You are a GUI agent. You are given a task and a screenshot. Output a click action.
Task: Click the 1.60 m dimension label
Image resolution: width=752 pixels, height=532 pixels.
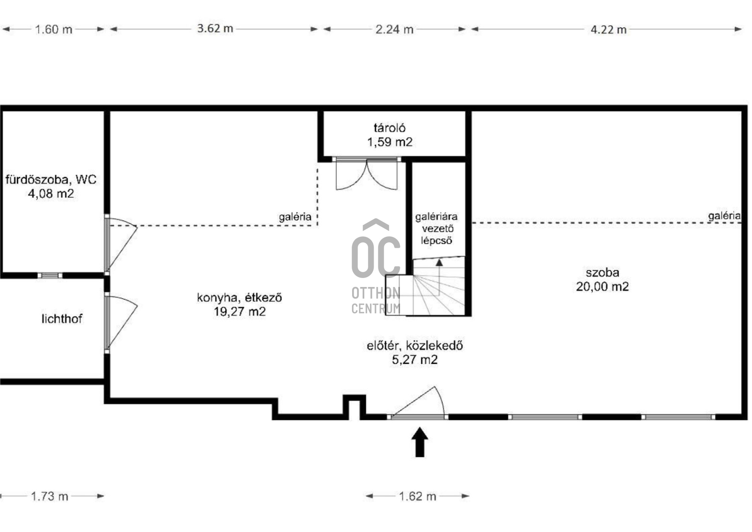coord(54,29)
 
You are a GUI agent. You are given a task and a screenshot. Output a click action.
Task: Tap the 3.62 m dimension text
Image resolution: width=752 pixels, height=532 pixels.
coord(215,29)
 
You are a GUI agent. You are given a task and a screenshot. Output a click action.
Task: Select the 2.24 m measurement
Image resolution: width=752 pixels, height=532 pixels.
coord(394,29)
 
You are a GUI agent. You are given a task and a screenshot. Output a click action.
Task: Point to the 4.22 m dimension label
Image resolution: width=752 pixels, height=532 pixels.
coord(609,29)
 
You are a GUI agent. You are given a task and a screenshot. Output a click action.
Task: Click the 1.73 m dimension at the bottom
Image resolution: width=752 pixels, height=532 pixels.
coord(50,496)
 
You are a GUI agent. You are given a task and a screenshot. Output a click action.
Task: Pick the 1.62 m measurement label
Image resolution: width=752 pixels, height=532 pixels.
coord(418,496)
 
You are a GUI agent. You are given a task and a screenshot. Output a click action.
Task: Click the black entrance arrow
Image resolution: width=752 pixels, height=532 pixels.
coord(419,442)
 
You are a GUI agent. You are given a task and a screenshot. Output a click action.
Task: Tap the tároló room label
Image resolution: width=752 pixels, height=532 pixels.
coord(390,127)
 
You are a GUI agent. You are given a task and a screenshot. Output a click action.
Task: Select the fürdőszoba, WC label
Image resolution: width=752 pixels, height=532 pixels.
coord(51,180)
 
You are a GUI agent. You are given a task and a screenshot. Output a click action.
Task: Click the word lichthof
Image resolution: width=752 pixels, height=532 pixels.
coord(62,319)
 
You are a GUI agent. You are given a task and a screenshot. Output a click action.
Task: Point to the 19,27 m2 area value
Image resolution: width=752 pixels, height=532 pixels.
coord(240,312)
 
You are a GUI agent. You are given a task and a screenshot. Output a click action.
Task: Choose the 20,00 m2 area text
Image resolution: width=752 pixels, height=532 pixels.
coord(602,287)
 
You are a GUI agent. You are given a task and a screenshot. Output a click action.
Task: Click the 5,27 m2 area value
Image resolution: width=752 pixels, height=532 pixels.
coord(415,360)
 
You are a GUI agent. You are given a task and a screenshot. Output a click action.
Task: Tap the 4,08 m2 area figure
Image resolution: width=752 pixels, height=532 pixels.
coord(51,194)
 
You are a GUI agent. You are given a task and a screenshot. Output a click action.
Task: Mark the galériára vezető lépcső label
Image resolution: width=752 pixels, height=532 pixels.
coord(436,229)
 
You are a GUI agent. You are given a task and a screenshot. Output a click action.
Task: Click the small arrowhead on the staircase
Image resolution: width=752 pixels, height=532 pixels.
coord(439,262)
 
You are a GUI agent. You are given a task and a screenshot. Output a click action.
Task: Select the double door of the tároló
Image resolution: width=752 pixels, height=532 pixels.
coord(367,174)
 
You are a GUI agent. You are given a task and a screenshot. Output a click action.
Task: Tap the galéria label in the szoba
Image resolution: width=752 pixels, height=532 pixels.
coord(724,216)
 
